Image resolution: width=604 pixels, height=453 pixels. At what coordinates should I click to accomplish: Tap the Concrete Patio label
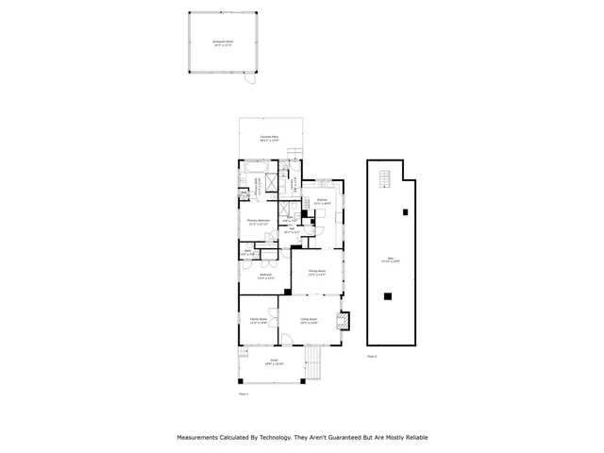point(270,138)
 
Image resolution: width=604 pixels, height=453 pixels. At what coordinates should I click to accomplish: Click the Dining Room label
point(316,272)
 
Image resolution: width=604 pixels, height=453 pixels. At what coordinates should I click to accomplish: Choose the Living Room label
point(309,321)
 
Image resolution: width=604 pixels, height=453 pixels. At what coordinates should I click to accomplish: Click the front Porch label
point(272,361)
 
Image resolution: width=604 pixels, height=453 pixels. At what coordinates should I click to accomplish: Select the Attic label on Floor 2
point(385,261)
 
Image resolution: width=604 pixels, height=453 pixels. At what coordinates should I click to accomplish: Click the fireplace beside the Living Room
point(345,320)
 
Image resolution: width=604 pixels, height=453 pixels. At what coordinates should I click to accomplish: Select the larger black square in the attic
point(387,296)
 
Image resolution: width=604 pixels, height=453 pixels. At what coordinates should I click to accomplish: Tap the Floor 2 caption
point(372,357)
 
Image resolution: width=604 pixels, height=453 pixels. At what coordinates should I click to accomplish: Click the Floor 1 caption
point(243,394)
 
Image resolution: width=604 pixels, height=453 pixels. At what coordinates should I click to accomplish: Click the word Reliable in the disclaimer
point(413,438)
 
